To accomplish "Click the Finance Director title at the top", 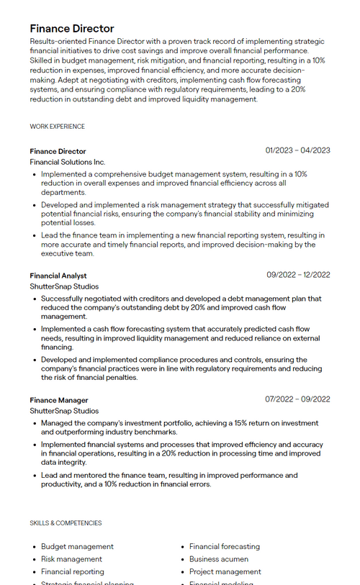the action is pos(72,29).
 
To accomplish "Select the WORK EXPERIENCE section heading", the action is pos(58,127).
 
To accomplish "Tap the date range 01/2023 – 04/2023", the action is pos(297,150).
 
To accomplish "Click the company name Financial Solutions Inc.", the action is pos(68,163).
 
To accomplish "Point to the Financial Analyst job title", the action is pos(58,276).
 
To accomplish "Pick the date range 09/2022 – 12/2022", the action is pos(298,275).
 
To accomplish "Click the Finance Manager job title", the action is pos(59,400).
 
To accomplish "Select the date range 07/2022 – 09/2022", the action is pos(297,399).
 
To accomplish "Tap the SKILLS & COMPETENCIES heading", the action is pos(66,523).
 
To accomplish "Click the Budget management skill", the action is pos(77,547).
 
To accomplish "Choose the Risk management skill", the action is pos(71,559).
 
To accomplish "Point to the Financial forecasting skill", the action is pos(225,547).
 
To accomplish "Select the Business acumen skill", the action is pos(219,559).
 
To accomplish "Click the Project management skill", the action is pos(225,572).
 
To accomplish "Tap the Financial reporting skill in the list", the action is pos(73,572).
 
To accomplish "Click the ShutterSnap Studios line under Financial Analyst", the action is pos(65,286).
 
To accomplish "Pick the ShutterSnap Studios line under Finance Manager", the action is pos(65,411).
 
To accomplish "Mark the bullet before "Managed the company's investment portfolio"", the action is pos(35,424).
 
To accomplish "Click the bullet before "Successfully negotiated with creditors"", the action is pos(35,299).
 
